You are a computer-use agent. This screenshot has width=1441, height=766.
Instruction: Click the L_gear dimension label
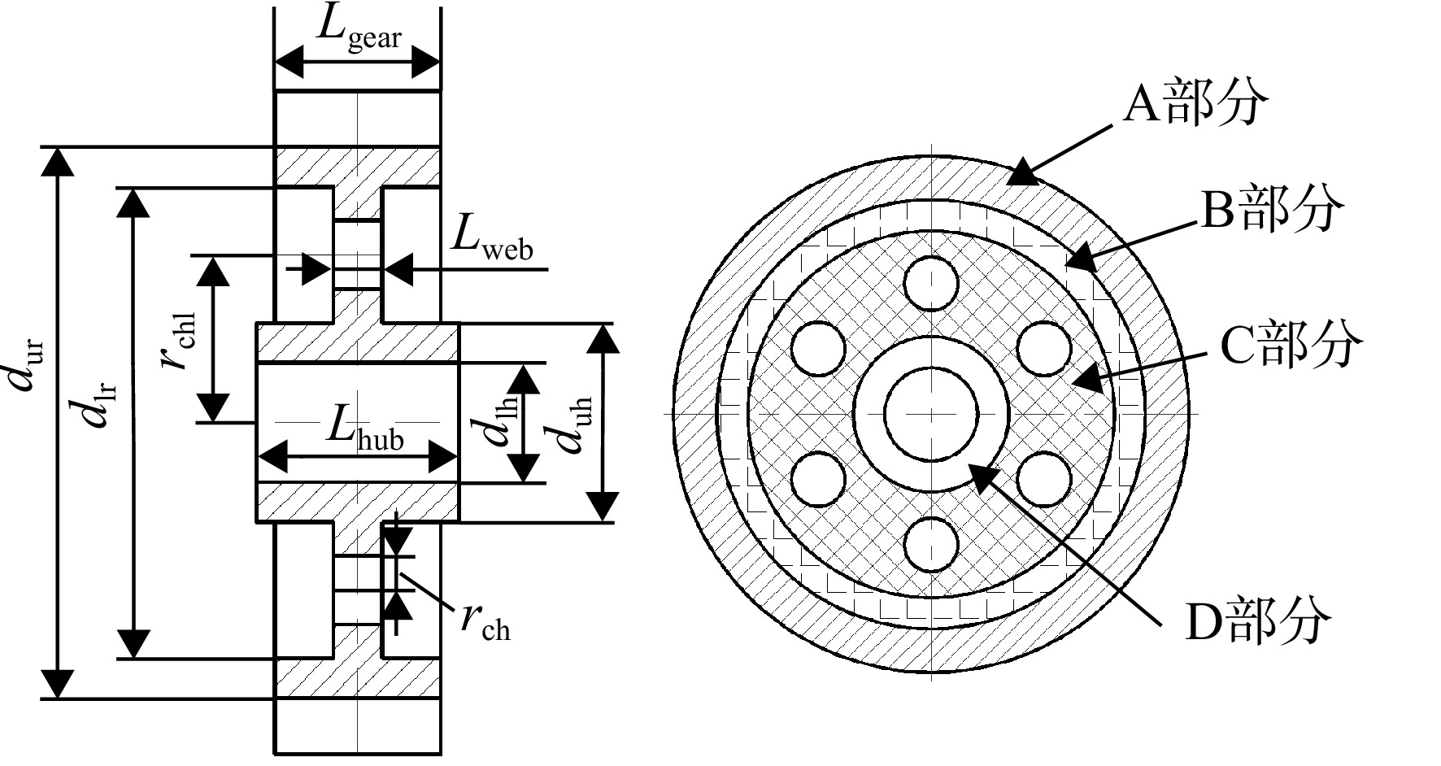pos(359,29)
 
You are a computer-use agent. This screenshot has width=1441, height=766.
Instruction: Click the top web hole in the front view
pos(931,284)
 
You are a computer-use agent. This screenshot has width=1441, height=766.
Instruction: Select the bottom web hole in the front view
pos(931,544)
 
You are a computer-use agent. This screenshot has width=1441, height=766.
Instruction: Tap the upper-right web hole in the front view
pos(1044,349)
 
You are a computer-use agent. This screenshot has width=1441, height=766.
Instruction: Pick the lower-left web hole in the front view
pos(818,479)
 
